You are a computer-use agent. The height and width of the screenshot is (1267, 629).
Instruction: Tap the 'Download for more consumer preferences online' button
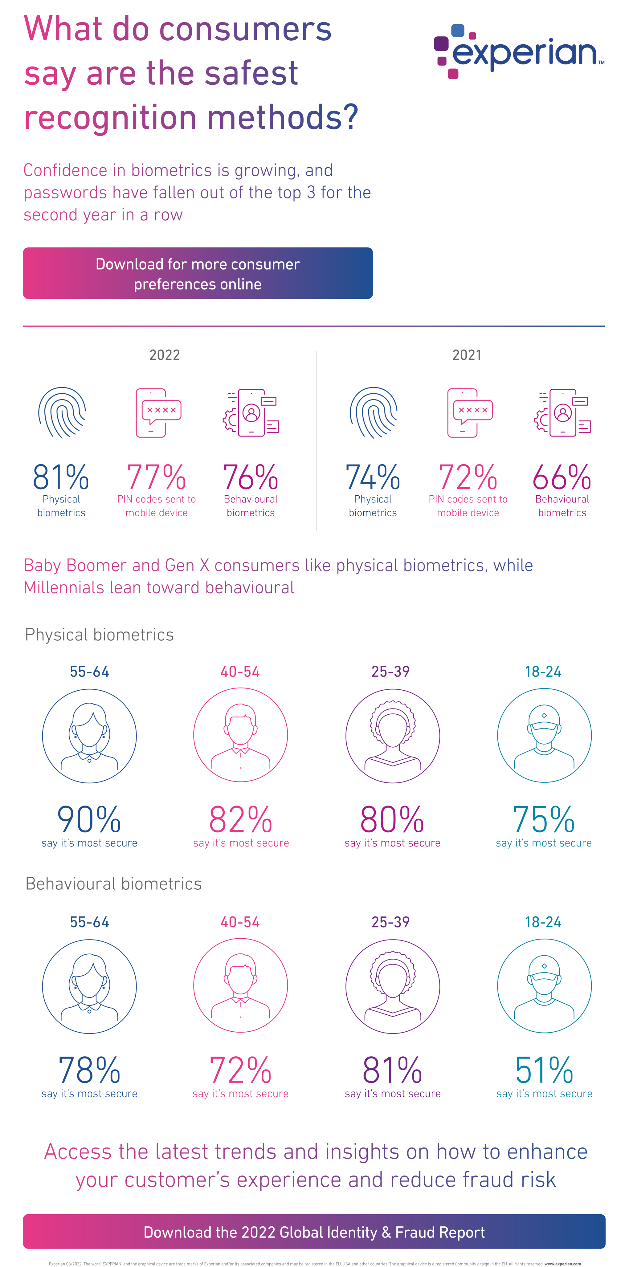198,274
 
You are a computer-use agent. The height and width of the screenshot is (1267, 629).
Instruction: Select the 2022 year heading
164,355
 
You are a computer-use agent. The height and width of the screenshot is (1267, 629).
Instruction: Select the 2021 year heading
467,355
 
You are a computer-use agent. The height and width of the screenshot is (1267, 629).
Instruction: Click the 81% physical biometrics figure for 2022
61,477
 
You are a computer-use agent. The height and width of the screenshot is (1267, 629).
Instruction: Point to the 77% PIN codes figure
157,477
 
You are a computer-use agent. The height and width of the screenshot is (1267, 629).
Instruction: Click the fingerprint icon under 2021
373,412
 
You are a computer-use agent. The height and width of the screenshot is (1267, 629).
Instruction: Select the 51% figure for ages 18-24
544,1070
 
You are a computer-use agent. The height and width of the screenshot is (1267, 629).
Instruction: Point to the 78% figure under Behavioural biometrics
89,1070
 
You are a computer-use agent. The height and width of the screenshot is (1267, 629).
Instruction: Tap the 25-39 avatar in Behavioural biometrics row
392,986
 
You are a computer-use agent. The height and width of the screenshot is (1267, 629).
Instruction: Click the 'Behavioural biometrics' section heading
113,884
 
